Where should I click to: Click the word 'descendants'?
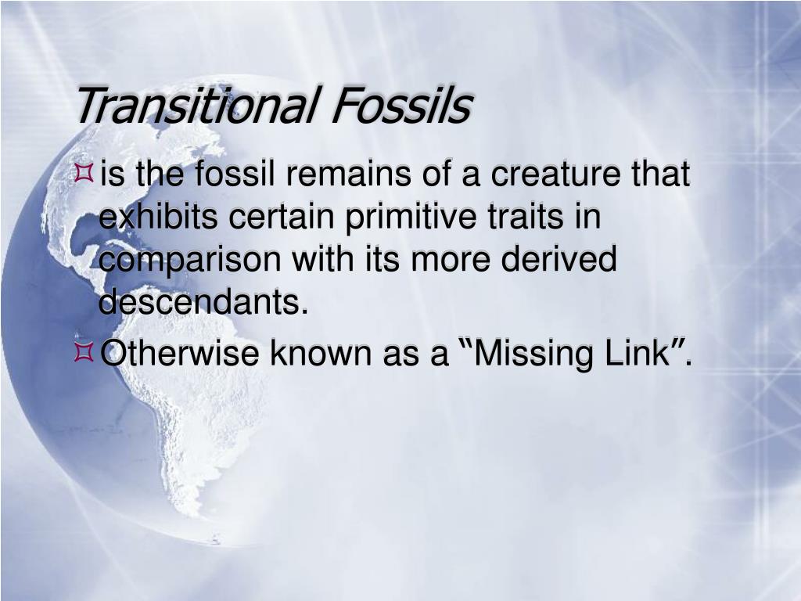click(x=199, y=302)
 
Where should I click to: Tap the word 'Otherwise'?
click(x=181, y=354)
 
